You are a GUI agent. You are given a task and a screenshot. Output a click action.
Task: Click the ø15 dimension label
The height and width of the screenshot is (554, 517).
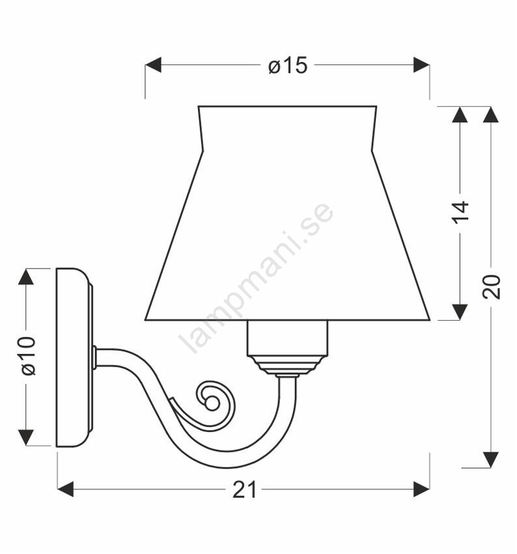[288, 66]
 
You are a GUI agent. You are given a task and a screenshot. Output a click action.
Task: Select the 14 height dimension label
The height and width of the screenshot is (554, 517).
[460, 212]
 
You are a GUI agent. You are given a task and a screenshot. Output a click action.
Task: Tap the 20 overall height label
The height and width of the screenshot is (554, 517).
[491, 287]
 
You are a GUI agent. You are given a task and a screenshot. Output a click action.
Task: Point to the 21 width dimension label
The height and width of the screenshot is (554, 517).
[244, 490]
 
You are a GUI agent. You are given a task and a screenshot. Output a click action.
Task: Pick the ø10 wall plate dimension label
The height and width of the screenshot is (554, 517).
[28, 356]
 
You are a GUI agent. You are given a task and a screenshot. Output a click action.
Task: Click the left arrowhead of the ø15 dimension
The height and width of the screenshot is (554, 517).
[153, 65]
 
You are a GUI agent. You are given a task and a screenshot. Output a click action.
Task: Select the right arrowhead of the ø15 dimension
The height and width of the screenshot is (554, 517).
[421, 65]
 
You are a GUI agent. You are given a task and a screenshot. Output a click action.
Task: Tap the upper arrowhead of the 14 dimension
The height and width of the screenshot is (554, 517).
[460, 115]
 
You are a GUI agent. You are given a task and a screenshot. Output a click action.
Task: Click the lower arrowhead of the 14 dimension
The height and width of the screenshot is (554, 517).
[460, 312]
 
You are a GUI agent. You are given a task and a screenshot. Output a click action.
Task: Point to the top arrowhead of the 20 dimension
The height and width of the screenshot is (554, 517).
[491, 115]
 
